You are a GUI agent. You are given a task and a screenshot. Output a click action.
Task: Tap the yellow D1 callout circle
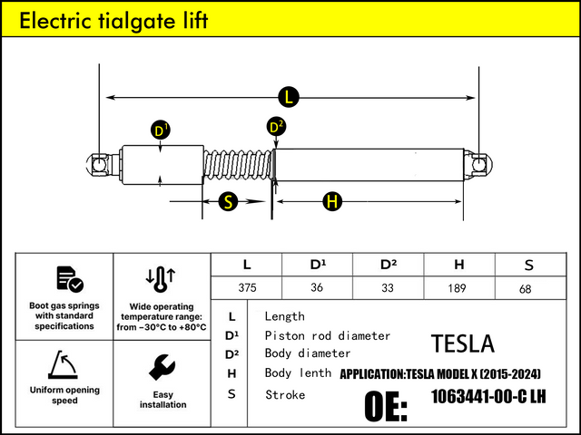click(x=161, y=131)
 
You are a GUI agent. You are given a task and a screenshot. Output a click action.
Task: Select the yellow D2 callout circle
click(x=277, y=127)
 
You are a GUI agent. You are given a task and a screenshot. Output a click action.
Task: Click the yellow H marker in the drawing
click(x=332, y=202)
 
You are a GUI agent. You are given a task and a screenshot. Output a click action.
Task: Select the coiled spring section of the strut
click(x=238, y=165)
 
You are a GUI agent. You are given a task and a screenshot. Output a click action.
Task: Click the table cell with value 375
click(x=247, y=288)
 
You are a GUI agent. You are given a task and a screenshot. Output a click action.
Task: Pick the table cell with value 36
click(x=318, y=288)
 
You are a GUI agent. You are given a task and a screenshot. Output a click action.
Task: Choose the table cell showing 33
click(x=389, y=288)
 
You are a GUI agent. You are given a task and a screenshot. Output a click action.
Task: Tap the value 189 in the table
click(x=458, y=288)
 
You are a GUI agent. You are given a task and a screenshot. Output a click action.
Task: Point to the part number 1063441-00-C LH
click(x=488, y=397)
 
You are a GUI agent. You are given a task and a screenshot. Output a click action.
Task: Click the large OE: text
click(x=386, y=407)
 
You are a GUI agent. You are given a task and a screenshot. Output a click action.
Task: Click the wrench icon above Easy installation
click(x=162, y=367)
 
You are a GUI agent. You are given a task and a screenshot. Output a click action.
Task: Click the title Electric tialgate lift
click(x=114, y=21)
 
